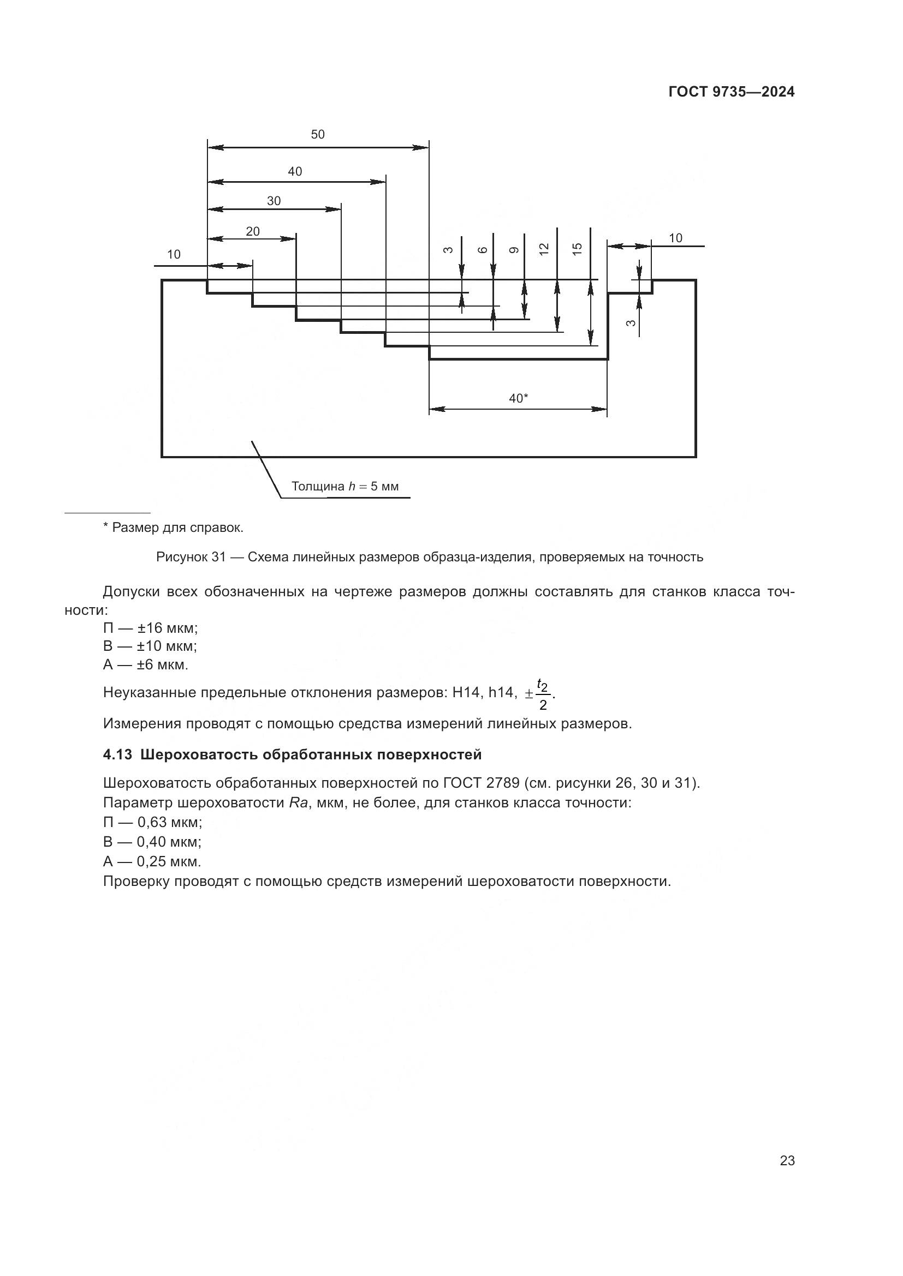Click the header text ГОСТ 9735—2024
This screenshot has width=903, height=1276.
click(731, 92)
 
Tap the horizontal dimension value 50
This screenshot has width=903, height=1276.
click(318, 135)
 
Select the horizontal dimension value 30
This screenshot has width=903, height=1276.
click(274, 201)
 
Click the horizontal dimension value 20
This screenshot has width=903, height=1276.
click(252, 232)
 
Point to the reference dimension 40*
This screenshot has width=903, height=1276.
click(518, 398)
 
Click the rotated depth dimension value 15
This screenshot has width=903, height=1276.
click(577, 248)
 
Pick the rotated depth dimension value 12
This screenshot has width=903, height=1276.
click(544, 249)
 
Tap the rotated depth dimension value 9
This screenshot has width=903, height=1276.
click(514, 250)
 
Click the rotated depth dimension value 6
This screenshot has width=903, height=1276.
click(483, 250)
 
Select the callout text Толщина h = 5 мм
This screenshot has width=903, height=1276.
click(344, 487)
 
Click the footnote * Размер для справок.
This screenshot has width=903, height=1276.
click(173, 528)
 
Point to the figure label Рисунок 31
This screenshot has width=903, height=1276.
click(190, 557)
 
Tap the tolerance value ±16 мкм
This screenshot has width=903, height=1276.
click(168, 628)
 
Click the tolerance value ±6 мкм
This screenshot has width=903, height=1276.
click(162, 664)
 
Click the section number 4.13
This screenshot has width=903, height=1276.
click(117, 754)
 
